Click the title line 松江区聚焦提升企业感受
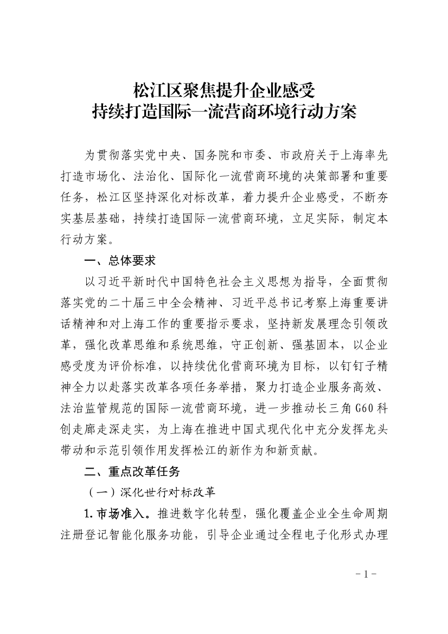pos(224,88)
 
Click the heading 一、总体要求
pos(120,261)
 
